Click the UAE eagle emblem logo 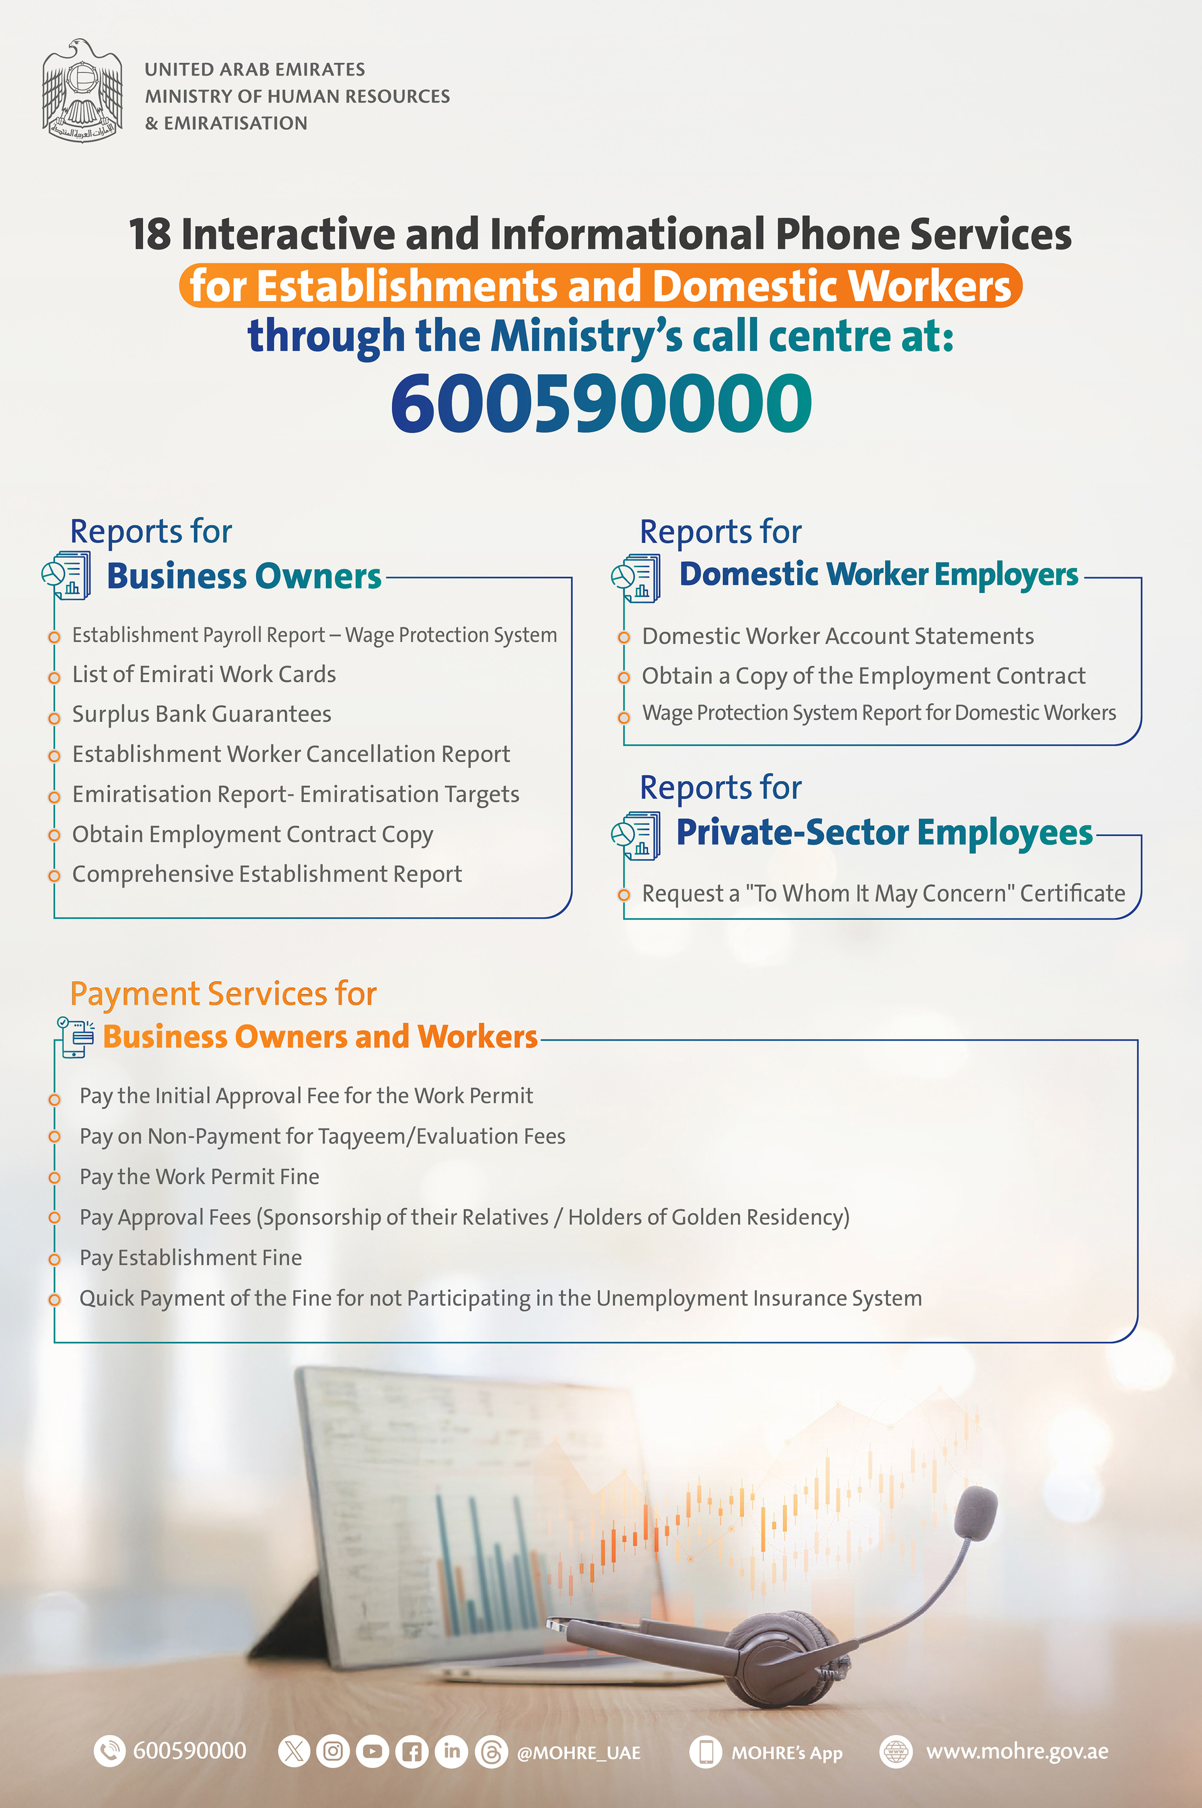click(x=82, y=90)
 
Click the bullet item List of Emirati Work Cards click(x=204, y=675)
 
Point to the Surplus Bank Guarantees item click(x=201, y=715)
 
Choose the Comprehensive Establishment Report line click(x=267, y=875)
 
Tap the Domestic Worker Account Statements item click(x=838, y=636)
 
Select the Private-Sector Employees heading click(x=884, y=832)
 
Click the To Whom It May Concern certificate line click(x=884, y=893)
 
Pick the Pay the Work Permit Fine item click(x=200, y=1177)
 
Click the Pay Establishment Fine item click(x=191, y=1258)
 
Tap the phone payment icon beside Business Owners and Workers click(x=75, y=1037)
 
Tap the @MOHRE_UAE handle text click(x=579, y=1753)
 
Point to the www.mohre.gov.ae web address click(x=1016, y=1752)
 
